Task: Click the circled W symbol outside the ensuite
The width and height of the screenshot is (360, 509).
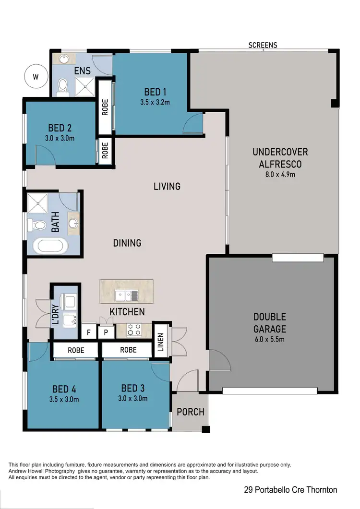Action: coord(36,76)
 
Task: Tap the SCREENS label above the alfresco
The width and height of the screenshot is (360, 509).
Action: coord(263,45)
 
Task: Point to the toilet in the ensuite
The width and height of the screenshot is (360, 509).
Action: coord(62,86)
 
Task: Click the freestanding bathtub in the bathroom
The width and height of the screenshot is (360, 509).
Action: coord(50,246)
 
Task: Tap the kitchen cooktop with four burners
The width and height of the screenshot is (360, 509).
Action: coord(134,330)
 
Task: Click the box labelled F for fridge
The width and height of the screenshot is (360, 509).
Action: coord(88,332)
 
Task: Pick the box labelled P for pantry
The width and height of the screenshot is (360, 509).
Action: coord(106,332)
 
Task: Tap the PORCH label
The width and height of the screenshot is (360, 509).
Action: coord(190,412)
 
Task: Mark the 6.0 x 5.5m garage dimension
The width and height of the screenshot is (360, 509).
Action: coord(270,340)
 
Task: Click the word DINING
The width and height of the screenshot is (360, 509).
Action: coord(127,243)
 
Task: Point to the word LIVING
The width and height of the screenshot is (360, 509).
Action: coord(167,186)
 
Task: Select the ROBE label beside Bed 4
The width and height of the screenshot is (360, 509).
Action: coord(76,350)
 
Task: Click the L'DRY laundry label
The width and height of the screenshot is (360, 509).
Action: coord(55,314)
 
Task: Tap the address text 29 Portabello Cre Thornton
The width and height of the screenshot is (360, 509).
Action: coord(289,490)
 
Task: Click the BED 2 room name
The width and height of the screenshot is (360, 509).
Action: coord(60,128)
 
